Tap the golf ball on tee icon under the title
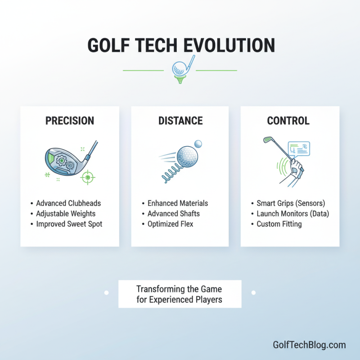click(180, 70)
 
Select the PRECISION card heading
click(70, 121)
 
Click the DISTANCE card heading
click(180, 121)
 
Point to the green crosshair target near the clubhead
click(87, 178)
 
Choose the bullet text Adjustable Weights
click(66, 213)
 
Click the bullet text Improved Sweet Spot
click(69, 224)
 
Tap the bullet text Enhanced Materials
click(178, 203)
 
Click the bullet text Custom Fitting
click(279, 224)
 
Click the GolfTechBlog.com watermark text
click(309, 345)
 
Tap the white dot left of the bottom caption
click(107, 292)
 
